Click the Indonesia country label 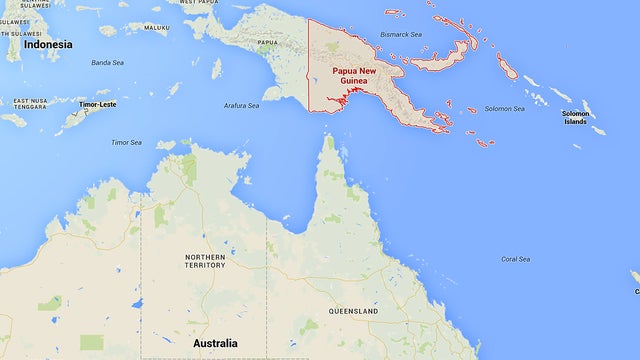pyautogui.click(x=48, y=44)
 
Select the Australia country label pyautogui.click(x=215, y=344)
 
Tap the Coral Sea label pyautogui.click(x=516, y=259)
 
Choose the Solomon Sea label pyautogui.click(x=504, y=108)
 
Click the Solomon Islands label pyautogui.click(x=575, y=117)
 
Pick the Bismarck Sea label pyautogui.click(x=402, y=34)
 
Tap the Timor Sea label pyautogui.click(x=126, y=142)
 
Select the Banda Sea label pyautogui.click(x=107, y=63)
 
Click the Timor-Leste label pyautogui.click(x=98, y=104)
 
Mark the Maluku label pyautogui.click(x=157, y=28)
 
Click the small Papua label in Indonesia pyautogui.click(x=268, y=43)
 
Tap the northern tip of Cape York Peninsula pyautogui.click(x=328, y=138)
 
